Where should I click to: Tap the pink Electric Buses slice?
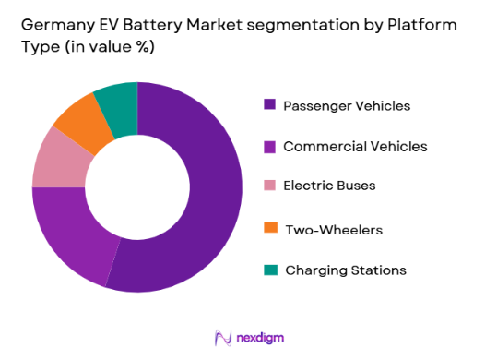tap(57, 158)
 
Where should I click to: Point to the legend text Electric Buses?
tap(329, 186)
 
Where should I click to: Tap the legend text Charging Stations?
tap(345, 270)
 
